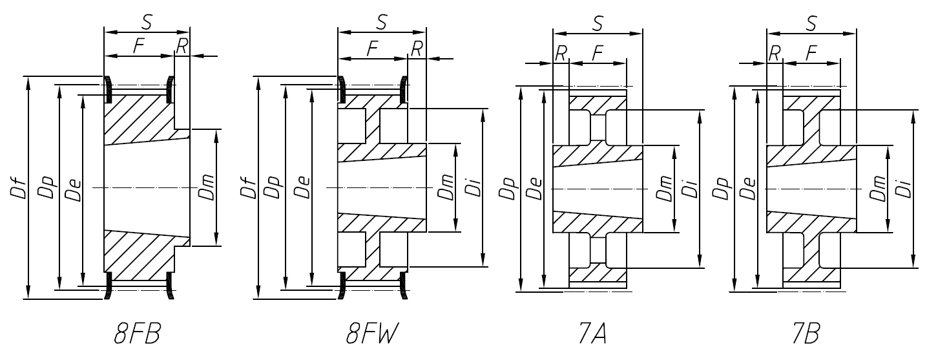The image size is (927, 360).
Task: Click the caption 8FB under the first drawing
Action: [x=137, y=336]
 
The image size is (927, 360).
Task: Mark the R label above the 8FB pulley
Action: [x=182, y=46]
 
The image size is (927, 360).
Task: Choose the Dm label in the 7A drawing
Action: [x=663, y=188]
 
